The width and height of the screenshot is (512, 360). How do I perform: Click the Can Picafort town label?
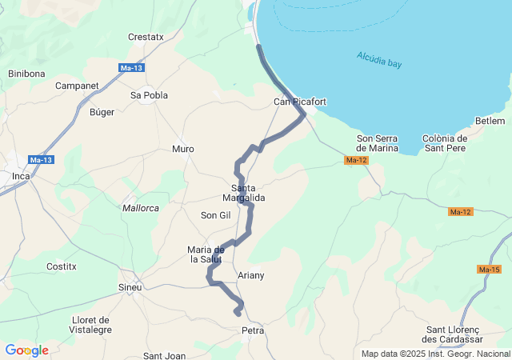click(300, 102)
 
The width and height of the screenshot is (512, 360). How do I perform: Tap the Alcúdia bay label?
click(379, 59)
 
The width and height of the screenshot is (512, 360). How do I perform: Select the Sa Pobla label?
click(150, 95)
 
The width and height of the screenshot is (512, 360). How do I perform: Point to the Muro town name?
click(183, 149)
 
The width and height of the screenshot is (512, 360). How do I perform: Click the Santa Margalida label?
click(242, 193)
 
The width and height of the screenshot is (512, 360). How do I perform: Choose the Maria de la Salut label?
click(205, 254)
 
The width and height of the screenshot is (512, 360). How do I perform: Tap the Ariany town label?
click(251, 275)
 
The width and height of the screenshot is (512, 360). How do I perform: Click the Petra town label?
click(253, 330)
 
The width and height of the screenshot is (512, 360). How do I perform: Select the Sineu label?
click(130, 287)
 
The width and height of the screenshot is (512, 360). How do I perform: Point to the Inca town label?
click(21, 176)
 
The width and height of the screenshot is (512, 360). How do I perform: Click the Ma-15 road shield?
click(489, 269)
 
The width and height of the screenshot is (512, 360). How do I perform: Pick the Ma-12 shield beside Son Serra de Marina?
click(356, 161)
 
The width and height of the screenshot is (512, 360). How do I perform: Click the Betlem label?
click(490, 121)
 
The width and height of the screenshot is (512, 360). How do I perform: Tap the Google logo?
click(26, 350)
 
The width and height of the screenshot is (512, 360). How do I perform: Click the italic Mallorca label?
click(141, 208)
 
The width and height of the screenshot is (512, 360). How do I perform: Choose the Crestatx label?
click(146, 37)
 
